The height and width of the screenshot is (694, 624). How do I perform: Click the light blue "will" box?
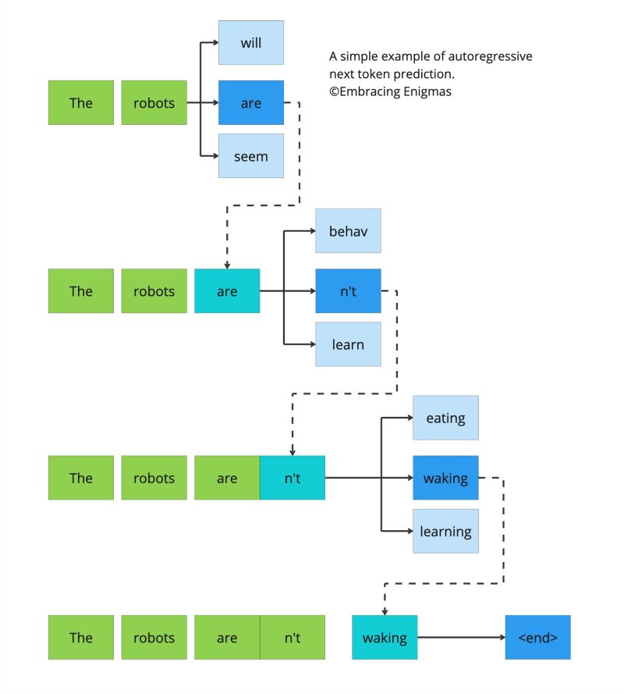(250, 43)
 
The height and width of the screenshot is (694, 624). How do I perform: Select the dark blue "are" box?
(250, 102)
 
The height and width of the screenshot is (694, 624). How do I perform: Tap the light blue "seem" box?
(250, 156)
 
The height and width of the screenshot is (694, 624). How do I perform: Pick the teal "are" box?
(227, 291)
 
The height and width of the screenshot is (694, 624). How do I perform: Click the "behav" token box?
(348, 231)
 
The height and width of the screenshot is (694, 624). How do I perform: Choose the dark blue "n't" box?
(348, 291)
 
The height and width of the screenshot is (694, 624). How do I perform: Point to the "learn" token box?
(348, 344)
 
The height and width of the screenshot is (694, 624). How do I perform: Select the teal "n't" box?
(292, 478)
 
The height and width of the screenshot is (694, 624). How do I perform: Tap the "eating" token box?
(445, 418)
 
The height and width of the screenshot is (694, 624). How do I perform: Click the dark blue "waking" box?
(445, 478)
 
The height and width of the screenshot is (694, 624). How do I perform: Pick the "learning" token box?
(445, 532)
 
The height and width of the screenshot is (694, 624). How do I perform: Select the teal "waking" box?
(385, 638)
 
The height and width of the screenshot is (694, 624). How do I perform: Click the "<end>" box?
(537, 638)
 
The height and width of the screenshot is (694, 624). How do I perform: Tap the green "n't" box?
(292, 638)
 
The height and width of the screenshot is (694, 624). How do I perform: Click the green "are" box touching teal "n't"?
(227, 478)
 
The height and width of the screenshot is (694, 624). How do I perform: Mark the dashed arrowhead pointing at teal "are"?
(227, 264)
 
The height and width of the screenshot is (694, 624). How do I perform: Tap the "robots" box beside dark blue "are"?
(154, 102)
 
